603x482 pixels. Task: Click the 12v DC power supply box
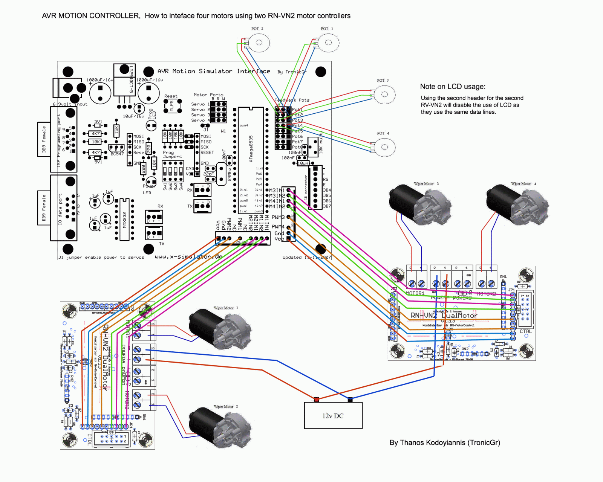coord(333,415)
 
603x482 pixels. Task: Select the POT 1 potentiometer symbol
coord(328,43)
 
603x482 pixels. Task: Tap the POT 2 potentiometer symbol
coord(259,43)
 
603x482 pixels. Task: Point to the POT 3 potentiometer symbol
coord(384,95)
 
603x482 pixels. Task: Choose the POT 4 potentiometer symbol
coord(384,147)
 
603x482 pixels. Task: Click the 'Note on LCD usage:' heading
coord(453,87)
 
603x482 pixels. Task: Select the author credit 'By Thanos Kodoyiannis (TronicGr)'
coord(445,442)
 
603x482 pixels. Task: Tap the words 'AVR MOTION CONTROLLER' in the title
coord(91,16)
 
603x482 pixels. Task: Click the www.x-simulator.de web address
coord(188,257)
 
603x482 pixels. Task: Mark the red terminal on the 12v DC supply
coord(317,400)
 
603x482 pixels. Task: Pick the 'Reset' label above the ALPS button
coord(171,96)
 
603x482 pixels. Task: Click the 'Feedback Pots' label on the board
coord(292,100)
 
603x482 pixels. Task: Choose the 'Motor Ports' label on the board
coord(208,95)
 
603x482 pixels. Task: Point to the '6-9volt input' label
coord(70,104)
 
